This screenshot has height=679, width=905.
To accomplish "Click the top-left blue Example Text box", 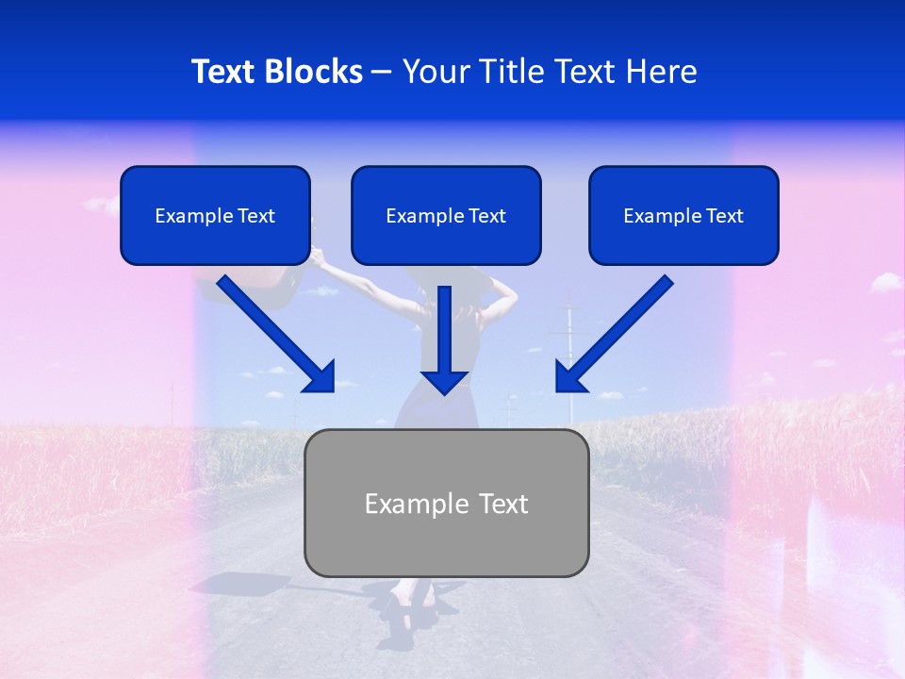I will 215,216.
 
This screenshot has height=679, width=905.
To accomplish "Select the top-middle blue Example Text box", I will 446,216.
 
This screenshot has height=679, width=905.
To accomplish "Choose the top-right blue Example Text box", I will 683,216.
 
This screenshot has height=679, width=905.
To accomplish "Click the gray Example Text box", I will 446,504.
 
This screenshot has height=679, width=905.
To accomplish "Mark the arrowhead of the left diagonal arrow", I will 321,377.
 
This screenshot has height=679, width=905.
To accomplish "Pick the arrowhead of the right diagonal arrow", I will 569,377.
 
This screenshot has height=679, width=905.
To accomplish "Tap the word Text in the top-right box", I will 724,216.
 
